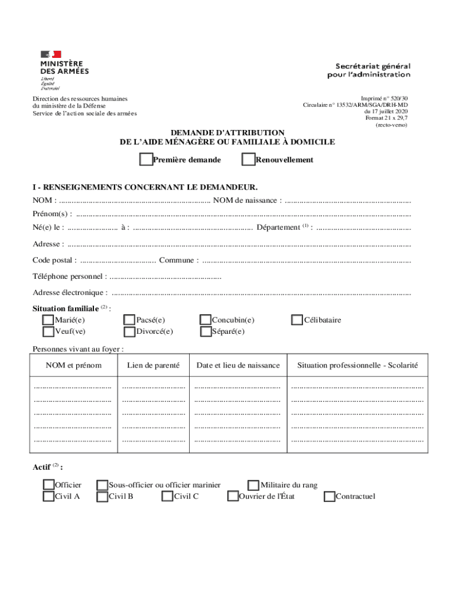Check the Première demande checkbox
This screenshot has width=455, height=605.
pyautogui.click(x=145, y=160)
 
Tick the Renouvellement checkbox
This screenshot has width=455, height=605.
pyautogui.click(x=249, y=160)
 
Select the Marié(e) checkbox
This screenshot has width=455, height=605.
pyautogui.click(x=48, y=320)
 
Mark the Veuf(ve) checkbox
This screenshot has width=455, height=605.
pyautogui.click(x=48, y=331)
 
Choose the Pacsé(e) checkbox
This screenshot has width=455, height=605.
pyautogui.click(x=129, y=320)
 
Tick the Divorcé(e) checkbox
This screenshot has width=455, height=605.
pyautogui.click(x=129, y=331)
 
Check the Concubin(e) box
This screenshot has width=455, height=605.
pyautogui.click(x=206, y=320)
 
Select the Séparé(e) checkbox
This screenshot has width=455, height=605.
pyautogui.click(x=206, y=331)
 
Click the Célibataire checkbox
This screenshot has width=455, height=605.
pyautogui.click(x=297, y=320)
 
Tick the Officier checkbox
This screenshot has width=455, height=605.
pyautogui.click(x=48, y=484)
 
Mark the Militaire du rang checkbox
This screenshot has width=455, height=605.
pyautogui.click(x=254, y=484)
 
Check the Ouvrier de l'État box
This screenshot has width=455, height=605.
pyautogui.click(x=233, y=496)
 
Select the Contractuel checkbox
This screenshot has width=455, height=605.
pyautogui.click(x=330, y=496)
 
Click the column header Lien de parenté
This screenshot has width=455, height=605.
pyautogui.click(x=153, y=365)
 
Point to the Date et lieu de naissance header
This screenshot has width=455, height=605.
pyautogui.click(x=238, y=365)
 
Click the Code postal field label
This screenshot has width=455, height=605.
pyautogui.click(x=54, y=260)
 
